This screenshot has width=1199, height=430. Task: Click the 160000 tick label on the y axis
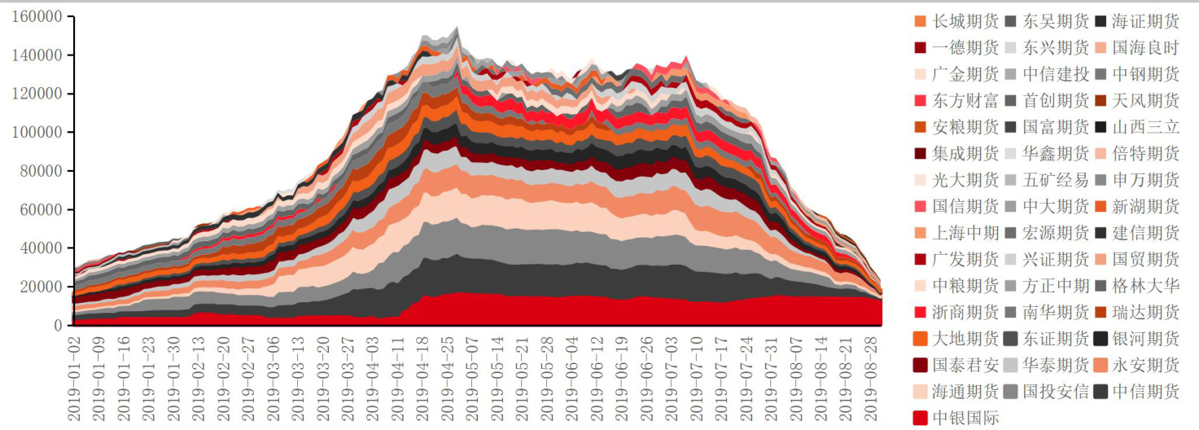pyautogui.click(x=37, y=16)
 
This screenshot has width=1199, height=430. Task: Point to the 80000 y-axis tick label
pyautogui.click(x=40, y=171)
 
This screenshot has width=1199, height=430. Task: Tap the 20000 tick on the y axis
pyautogui.click(x=40, y=287)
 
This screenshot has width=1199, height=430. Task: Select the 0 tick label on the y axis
pyautogui.click(x=58, y=326)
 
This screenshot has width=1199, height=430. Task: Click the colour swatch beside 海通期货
pyautogui.click(x=921, y=392)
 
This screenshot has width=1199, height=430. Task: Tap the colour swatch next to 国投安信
pyautogui.click(x=1010, y=392)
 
